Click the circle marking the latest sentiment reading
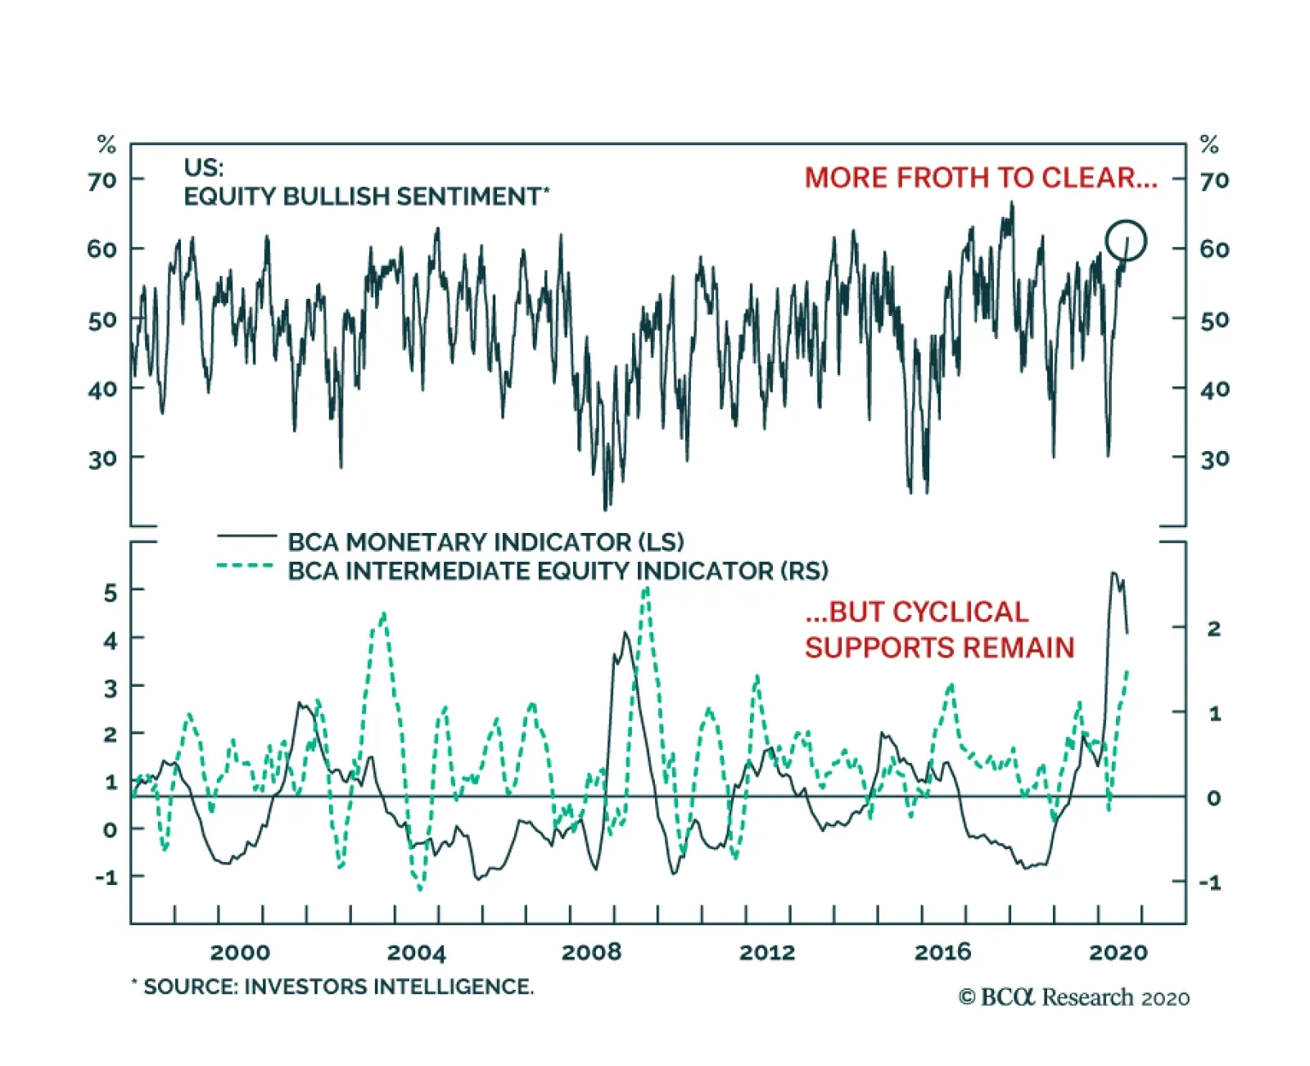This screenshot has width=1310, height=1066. coord(1125,241)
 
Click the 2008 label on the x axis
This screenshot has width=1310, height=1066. coord(591,951)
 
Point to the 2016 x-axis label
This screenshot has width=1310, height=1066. coord(942,951)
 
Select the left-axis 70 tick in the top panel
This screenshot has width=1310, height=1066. coord(102,179)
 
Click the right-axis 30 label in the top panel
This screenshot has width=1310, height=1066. coord(1214,458)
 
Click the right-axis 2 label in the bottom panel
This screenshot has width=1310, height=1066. coord(1213,629)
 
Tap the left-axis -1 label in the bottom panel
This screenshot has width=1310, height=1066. coord(106,877)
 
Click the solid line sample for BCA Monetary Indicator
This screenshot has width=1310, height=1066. coord(246,536)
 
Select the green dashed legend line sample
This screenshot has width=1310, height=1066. coord(245,566)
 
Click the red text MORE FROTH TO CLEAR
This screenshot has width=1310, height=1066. coord(980,178)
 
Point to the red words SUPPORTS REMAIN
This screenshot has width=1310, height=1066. coord(939,648)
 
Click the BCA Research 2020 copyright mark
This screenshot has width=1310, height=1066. coord(1074,997)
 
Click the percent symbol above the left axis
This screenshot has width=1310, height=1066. coord(106,145)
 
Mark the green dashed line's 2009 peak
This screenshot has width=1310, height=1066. coord(646,589)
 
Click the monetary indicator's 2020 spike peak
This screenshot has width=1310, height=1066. coord(1113,573)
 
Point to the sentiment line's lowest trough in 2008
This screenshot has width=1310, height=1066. coord(606,508)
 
